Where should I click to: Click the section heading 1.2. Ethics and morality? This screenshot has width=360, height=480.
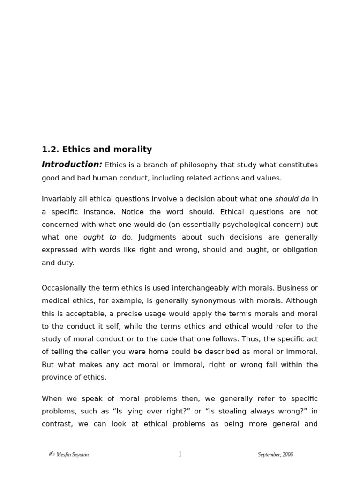click(97, 150)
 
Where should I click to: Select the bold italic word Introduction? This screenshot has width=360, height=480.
click(72, 165)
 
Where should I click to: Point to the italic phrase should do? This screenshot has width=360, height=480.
click(292, 199)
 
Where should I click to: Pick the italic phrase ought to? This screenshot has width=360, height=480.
click(100, 237)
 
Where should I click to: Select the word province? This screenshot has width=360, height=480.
click(58, 377)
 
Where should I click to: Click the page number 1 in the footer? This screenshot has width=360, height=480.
click(180, 454)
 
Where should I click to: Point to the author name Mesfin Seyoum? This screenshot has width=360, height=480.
click(72, 455)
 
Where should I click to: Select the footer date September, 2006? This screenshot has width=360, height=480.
click(275, 455)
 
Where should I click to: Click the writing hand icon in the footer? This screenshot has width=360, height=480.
click(52, 454)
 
